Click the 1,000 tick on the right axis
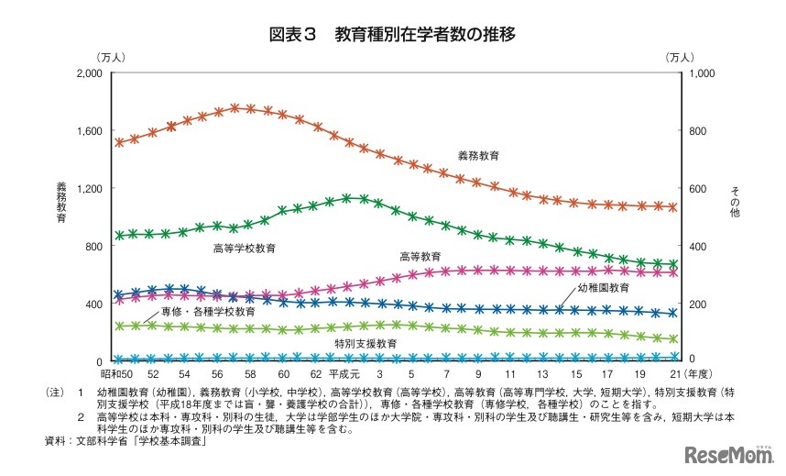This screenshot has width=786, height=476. (x=699, y=72)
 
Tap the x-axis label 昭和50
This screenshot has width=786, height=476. (x=115, y=375)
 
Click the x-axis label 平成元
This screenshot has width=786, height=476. (x=342, y=375)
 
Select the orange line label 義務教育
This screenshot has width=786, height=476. (x=478, y=156)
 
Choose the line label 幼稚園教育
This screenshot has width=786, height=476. (x=603, y=288)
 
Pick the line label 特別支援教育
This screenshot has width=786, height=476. (x=366, y=342)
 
